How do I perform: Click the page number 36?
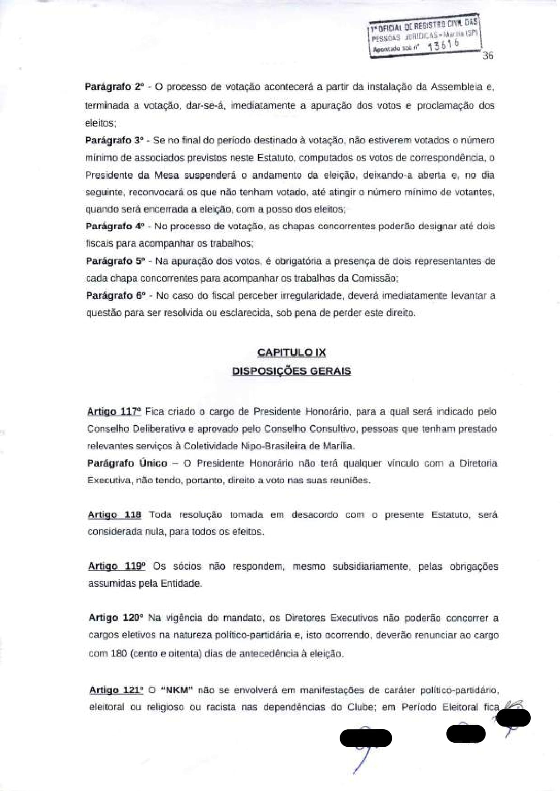click(488, 56)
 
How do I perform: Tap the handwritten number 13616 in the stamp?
click(443, 44)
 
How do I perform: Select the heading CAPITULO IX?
click(291, 352)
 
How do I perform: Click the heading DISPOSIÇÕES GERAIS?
click(291, 371)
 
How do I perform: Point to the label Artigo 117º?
click(114, 412)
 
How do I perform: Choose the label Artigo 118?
click(115, 515)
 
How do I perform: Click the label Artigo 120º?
click(116, 618)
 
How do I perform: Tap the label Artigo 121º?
click(117, 690)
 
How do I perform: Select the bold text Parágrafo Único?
click(127, 463)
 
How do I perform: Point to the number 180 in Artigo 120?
click(118, 653)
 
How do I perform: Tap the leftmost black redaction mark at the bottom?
click(366, 738)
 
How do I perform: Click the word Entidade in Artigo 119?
click(182, 584)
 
